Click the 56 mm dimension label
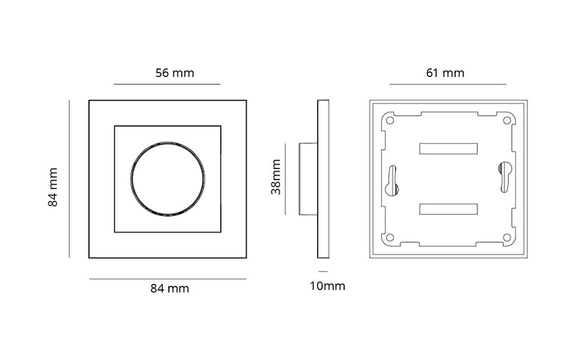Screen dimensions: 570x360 (175, 73)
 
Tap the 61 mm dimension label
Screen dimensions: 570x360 (445, 73)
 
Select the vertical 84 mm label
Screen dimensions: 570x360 (53, 187)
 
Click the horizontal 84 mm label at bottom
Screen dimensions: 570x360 (170, 289)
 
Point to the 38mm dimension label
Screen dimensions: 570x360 (276, 177)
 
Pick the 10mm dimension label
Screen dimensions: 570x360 (328, 286)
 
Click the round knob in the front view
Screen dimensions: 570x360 (167, 179)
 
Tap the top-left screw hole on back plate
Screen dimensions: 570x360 (390, 120)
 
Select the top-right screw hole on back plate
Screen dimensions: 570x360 (507, 120)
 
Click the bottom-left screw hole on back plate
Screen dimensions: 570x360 (390, 238)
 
